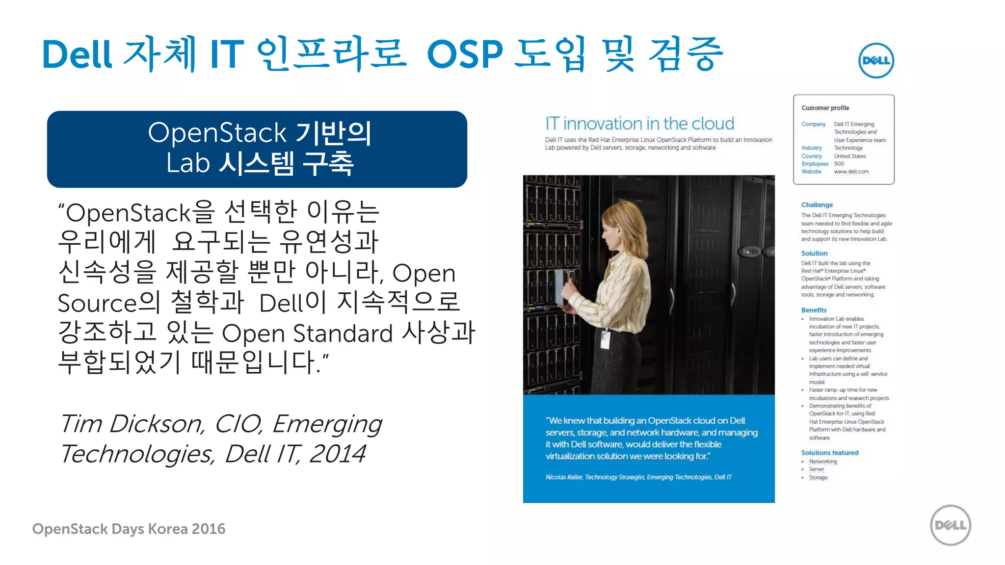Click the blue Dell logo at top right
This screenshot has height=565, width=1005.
pyautogui.click(x=876, y=60)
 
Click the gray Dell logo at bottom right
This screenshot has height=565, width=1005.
pyautogui.click(x=950, y=525)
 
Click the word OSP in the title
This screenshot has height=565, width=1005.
pyautogui.click(x=465, y=54)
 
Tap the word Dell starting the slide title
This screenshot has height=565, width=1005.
pyautogui.click(x=77, y=54)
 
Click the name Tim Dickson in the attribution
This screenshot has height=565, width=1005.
pyautogui.click(x=132, y=424)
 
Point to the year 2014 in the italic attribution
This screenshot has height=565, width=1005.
pyautogui.click(x=337, y=454)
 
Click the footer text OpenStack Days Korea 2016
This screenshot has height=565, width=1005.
pyautogui.click(x=129, y=529)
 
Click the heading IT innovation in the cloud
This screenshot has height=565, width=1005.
pyautogui.click(x=639, y=124)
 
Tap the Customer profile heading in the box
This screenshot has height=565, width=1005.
pyautogui.click(x=825, y=108)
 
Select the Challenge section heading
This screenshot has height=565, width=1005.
pyautogui.click(x=817, y=205)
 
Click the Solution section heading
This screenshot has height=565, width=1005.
pyautogui.click(x=814, y=254)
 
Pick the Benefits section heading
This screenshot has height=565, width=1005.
pyautogui.click(x=814, y=310)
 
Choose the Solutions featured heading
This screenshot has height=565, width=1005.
pyautogui.click(x=829, y=453)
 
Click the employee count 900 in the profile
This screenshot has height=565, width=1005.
pyautogui.click(x=839, y=164)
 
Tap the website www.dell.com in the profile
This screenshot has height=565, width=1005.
pyautogui.click(x=851, y=172)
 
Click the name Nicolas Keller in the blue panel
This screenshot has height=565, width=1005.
pyautogui.click(x=564, y=477)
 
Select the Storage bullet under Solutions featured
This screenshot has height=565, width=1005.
pyautogui.click(x=818, y=478)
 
